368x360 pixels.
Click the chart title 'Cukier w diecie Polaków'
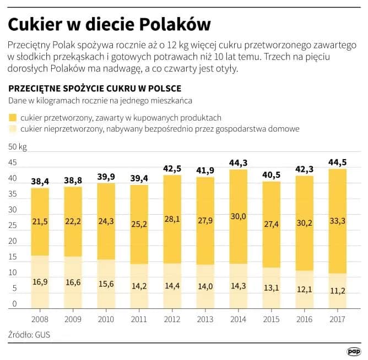(x=109, y=25)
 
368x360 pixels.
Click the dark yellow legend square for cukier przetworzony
(x=13, y=117)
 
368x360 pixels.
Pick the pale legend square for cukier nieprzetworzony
(x=13, y=129)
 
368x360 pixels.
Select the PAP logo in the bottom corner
(x=353, y=351)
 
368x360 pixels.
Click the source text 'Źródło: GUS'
(x=29, y=334)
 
